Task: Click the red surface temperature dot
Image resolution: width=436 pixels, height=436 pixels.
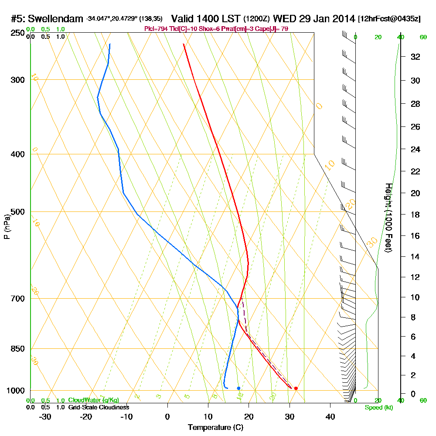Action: click(x=296, y=388)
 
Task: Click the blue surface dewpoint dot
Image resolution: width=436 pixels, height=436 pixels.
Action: click(x=238, y=388)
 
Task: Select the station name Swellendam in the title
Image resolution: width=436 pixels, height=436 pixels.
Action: click(x=55, y=19)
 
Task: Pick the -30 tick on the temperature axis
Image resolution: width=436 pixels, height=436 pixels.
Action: click(x=45, y=416)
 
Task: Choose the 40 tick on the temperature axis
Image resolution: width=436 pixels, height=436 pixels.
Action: click(x=330, y=416)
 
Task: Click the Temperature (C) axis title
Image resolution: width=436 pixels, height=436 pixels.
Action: click(x=215, y=428)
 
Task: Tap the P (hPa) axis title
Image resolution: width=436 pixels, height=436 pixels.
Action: click(x=7, y=226)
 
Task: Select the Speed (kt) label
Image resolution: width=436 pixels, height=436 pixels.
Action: click(x=378, y=408)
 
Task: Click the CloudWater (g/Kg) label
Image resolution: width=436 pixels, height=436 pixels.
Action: click(x=93, y=400)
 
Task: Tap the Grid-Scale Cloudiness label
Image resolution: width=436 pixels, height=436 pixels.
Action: click(x=99, y=407)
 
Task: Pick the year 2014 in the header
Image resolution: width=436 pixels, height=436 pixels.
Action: click(x=343, y=19)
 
